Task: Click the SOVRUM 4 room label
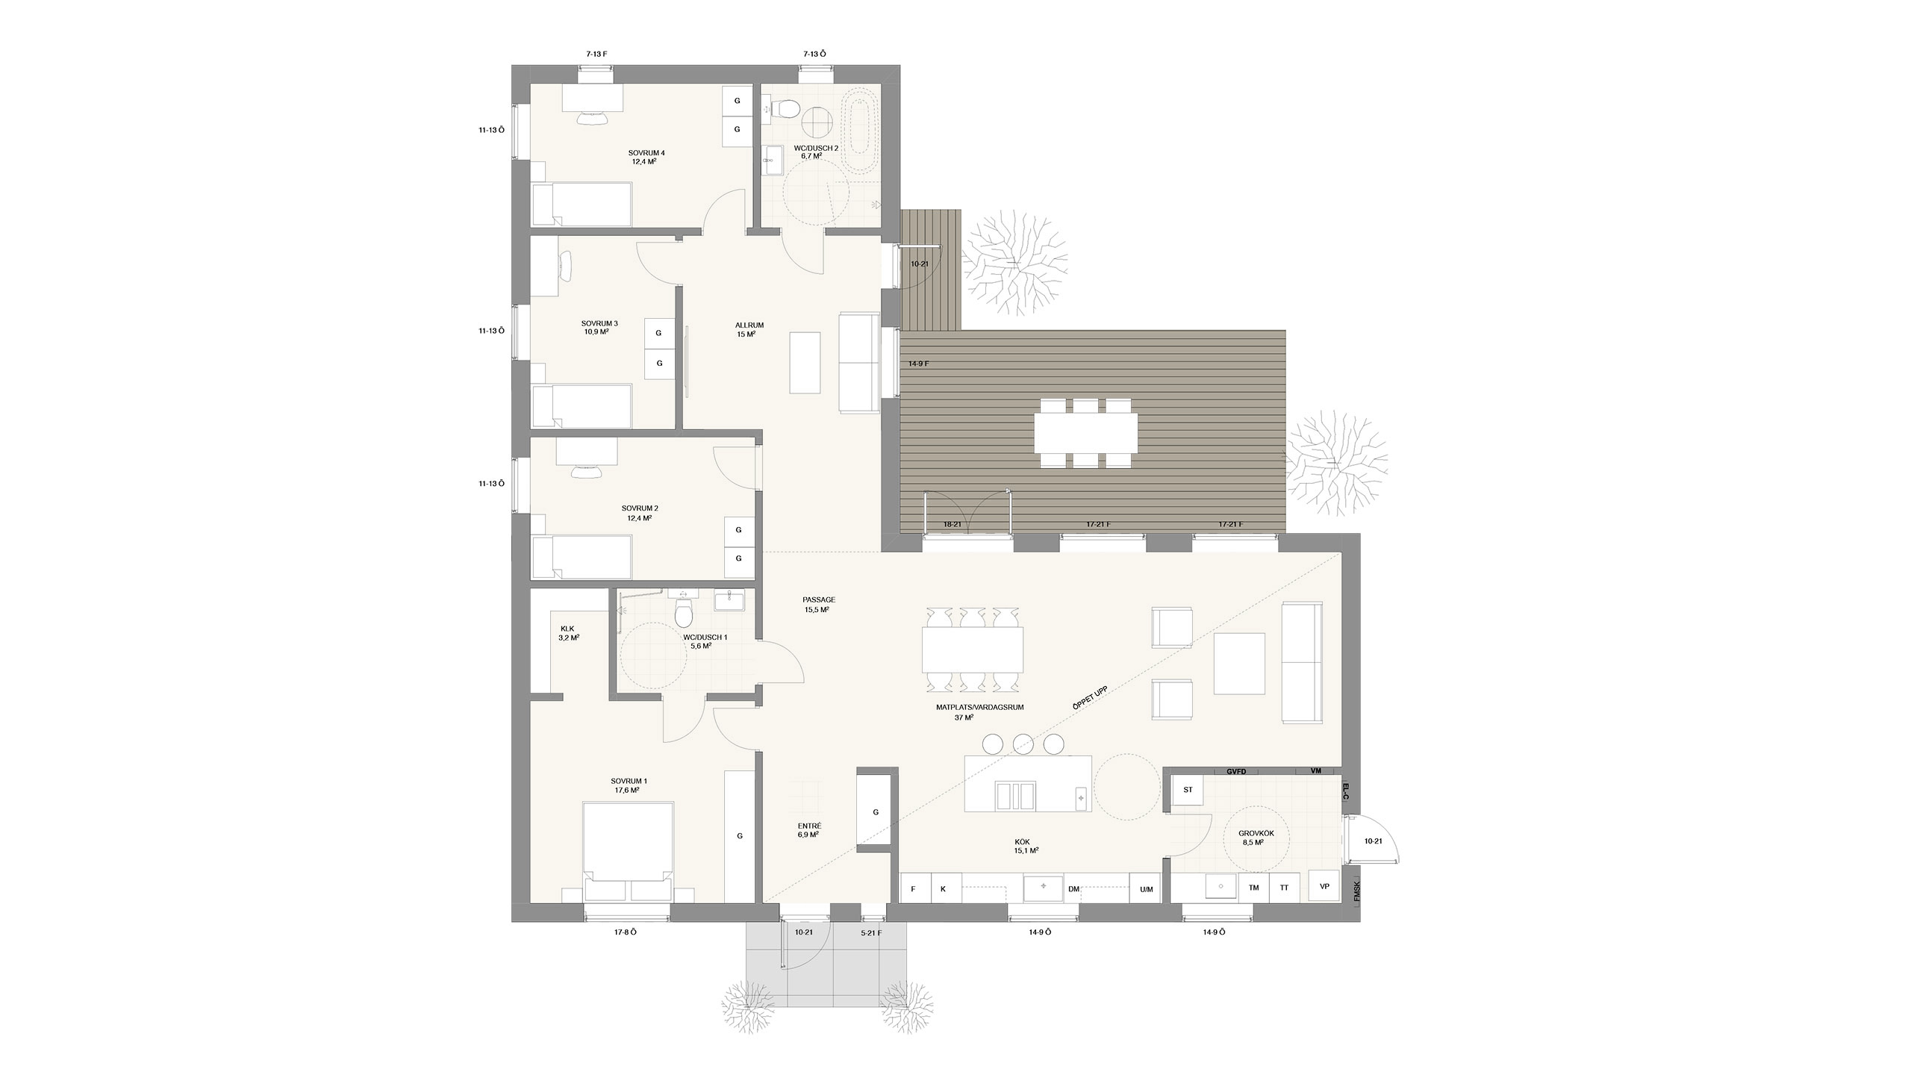(x=646, y=153)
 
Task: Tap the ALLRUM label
(x=749, y=325)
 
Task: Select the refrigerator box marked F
(x=914, y=889)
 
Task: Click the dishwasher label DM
(x=1074, y=889)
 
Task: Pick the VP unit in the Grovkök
(x=1325, y=887)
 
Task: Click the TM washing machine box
(x=1254, y=888)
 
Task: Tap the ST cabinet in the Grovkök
(x=1188, y=790)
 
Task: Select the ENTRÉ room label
(x=809, y=826)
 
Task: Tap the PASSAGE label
(x=819, y=599)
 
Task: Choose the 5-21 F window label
(x=871, y=932)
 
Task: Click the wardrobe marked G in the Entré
(x=876, y=811)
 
